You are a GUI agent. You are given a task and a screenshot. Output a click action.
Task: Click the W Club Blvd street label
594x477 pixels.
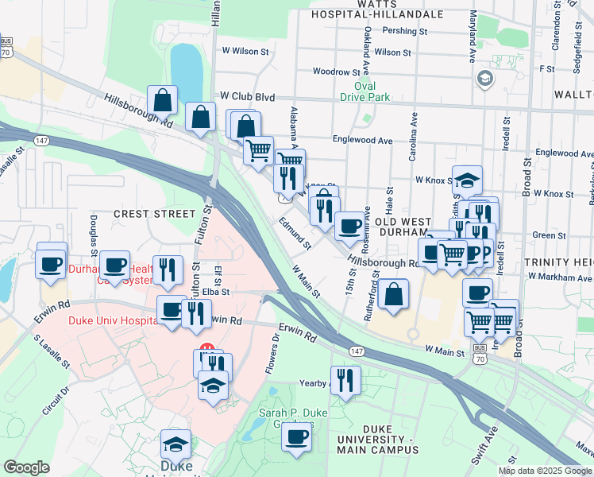pos(247,97)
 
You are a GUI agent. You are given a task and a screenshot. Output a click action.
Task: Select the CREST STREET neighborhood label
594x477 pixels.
pos(153,214)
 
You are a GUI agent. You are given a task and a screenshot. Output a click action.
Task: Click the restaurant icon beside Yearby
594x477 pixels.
pos(345,379)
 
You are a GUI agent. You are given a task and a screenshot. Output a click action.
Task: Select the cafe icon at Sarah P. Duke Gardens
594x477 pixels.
pos(297,436)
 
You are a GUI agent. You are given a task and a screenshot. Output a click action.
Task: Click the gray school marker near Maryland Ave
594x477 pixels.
pos(484,78)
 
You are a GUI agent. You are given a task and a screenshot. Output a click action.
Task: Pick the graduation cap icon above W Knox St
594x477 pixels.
pos(467,179)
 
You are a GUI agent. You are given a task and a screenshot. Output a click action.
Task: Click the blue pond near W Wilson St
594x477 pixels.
pos(186,66)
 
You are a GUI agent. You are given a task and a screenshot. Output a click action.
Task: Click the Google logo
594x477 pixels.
pos(26,467)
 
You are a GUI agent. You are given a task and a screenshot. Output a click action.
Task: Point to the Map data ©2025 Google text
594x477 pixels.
pos(544,471)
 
